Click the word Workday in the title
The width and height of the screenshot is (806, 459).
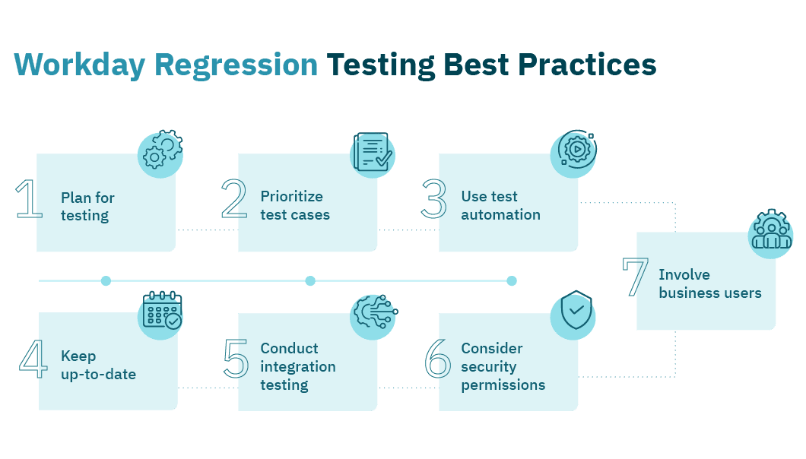[80, 65]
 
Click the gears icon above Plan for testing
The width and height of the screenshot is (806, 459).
[160, 154]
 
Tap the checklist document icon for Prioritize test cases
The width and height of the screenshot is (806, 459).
[373, 154]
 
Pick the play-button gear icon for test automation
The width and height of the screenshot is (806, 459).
[573, 154]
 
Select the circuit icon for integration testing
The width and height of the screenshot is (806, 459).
[373, 315]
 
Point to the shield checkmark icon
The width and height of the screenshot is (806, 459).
[573, 312]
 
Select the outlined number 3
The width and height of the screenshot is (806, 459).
[435, 199]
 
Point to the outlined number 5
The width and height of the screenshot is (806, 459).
[236, 359]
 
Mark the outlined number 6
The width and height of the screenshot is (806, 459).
[437, 359]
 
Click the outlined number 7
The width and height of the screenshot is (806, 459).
[636, 277]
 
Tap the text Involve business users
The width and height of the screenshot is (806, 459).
[709, 283]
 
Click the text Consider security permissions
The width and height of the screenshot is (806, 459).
[503, 366]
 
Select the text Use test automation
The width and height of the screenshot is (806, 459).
[500, 205]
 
